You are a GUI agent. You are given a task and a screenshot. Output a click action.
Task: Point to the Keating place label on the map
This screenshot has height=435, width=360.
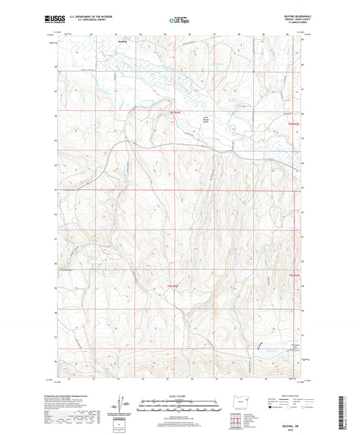point(122,41)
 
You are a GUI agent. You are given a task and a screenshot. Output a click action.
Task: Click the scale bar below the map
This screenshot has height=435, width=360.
point(179,406)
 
